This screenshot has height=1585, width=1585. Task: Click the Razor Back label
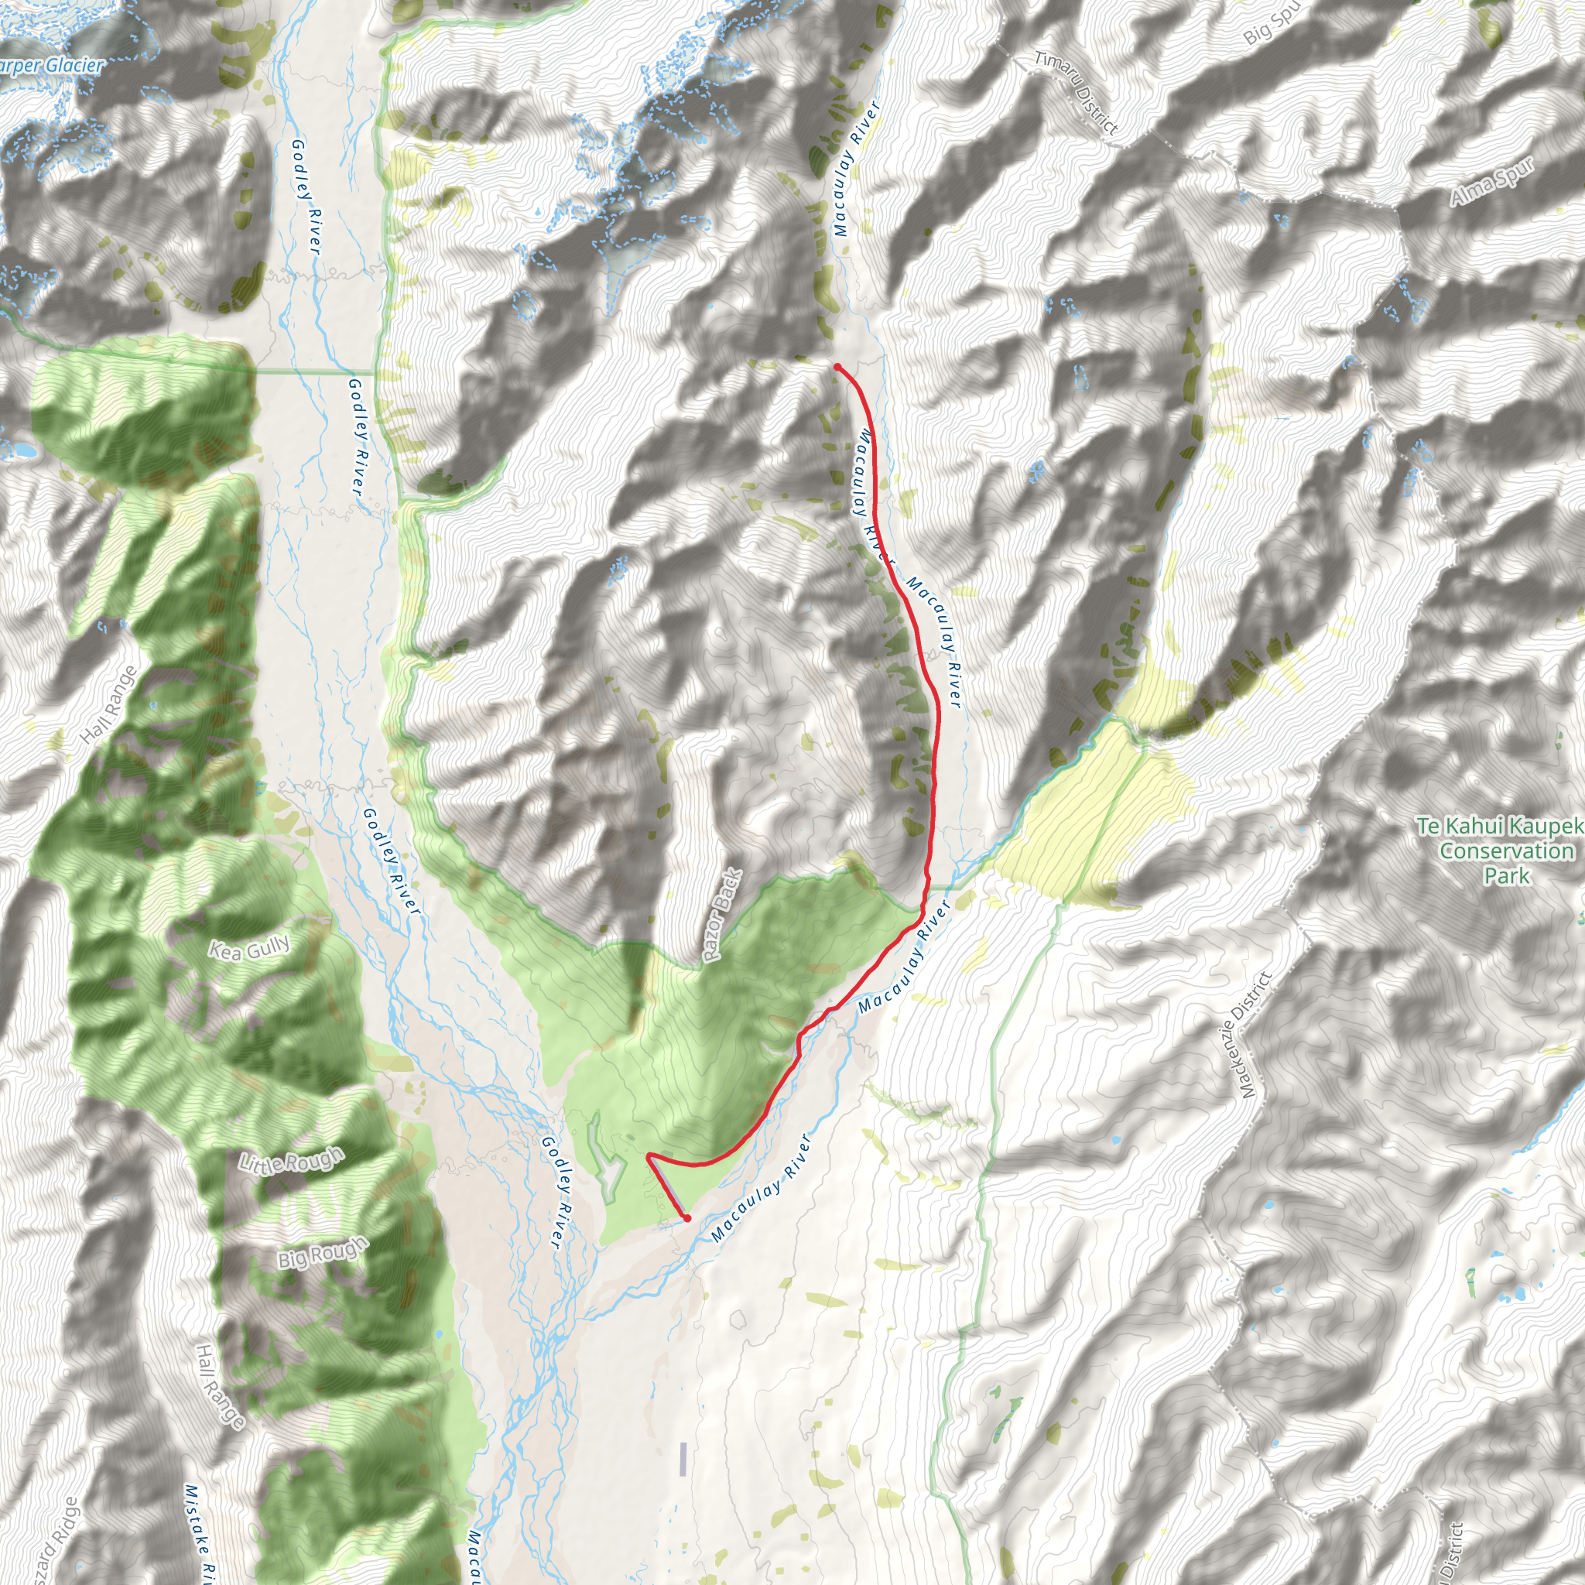[x=722, y=916]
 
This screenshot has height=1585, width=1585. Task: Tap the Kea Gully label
[x=249, y=948]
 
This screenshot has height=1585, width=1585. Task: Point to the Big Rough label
[x=322, y=1253]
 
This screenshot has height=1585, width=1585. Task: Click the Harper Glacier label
[x=51, y=66]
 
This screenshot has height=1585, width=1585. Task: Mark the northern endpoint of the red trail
[x=837, y=368]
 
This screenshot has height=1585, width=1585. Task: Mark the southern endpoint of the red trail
[x=686, y=1218]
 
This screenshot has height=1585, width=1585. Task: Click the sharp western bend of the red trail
[x=649, y=1156]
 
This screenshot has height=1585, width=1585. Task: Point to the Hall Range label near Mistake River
[x=220, y=1386]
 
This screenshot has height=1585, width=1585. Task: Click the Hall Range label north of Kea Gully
[x=110, y=706]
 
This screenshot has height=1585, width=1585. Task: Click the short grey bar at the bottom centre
[x=683, y=1460]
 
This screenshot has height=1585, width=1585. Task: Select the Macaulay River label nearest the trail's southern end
[x=761, y=1189]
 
